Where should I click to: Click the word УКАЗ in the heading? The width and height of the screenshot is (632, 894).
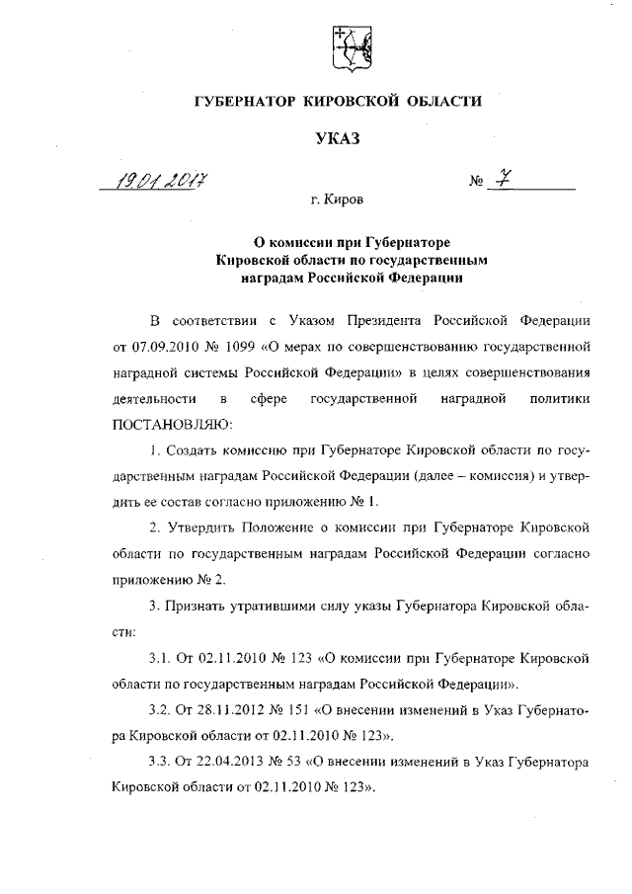[x=338, y=138]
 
